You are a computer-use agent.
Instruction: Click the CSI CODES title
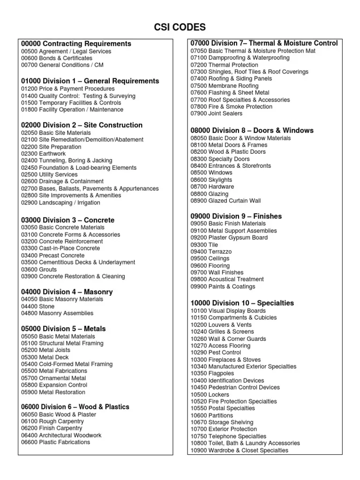pos(180,27)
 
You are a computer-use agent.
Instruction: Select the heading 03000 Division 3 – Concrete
pos(68,220)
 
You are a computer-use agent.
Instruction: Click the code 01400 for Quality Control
pos(29,96)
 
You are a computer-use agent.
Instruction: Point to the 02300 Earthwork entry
pos(43,154)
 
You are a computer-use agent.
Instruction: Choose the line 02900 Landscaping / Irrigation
pos(60,202)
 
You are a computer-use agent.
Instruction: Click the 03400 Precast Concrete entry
pos(53,255)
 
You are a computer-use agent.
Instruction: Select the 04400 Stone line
pos(38,306)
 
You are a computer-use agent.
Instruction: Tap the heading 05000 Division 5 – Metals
pos(64,329)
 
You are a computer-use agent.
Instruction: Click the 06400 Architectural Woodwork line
pos(61,435)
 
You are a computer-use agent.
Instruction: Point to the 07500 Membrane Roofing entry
pos(225,86)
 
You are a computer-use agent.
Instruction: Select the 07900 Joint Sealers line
pos(217,113)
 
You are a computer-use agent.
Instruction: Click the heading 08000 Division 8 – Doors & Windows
pos(252,130)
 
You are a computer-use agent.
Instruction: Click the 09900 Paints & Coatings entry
pos(223,286)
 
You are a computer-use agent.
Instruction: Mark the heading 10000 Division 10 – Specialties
pos(242,303)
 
